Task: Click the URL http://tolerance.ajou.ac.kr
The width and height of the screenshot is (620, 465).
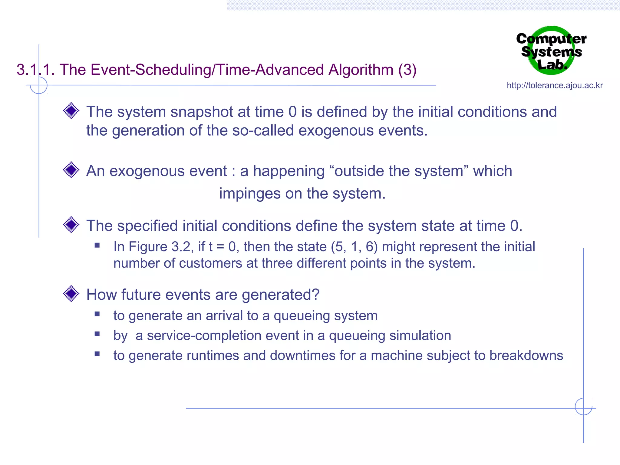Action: pyautogui.click(x=555, y=85)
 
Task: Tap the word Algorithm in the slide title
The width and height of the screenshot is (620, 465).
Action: pyautogui.click(x=361, y=70)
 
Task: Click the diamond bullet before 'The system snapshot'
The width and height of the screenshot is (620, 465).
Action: pyautogui.click(x=71, y=111)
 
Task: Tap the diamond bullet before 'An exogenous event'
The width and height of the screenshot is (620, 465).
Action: pyautogui.click(x=71, y=170)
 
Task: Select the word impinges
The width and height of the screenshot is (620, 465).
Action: pyautogui.click(x=249, y=193)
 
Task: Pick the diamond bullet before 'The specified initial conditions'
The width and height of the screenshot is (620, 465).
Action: pyautogui.click(x=71, y=225)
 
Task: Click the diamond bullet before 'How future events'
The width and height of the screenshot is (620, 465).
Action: pyautogui.click(x=71, y=294)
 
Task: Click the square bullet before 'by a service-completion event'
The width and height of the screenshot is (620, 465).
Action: pyautogui.click(x=97, y=334)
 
